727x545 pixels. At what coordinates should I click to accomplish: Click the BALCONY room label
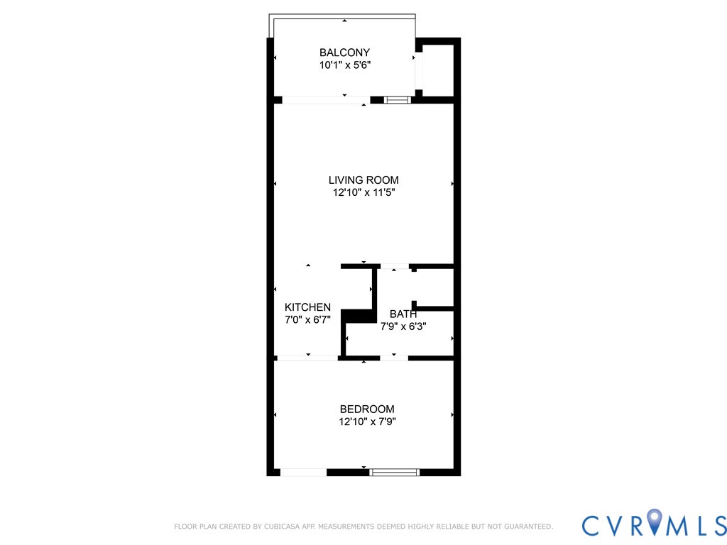click(x=344, y=53)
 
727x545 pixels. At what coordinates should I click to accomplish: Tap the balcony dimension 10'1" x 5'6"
click(x=344, y=65)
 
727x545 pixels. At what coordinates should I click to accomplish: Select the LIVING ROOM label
click(x=363, y=180)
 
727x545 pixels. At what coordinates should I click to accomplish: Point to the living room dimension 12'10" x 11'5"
click(x=363, y=192)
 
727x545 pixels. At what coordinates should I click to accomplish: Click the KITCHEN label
click(x=307, y=307)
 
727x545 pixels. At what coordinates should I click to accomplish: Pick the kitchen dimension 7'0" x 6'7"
click(x=307, y=319)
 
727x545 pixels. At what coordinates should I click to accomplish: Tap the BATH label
click(x=403, y=314)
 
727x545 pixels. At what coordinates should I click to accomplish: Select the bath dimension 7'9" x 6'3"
click(x=403, y=326)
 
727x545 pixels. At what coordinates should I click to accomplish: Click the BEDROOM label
click(x=366, y=409)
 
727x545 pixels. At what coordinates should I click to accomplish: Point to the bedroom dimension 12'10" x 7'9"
click(x=366, y=422)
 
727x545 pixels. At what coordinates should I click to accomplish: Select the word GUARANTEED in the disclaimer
click(x=526, y=527)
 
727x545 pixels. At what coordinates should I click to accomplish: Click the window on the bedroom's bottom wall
click(x=395, y=472)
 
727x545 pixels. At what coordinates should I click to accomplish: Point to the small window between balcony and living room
click(x=398, y=100)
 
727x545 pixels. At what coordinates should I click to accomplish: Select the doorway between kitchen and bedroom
click(x=307, y=358)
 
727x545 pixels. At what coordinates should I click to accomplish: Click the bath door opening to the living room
click(x=395, y=267)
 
